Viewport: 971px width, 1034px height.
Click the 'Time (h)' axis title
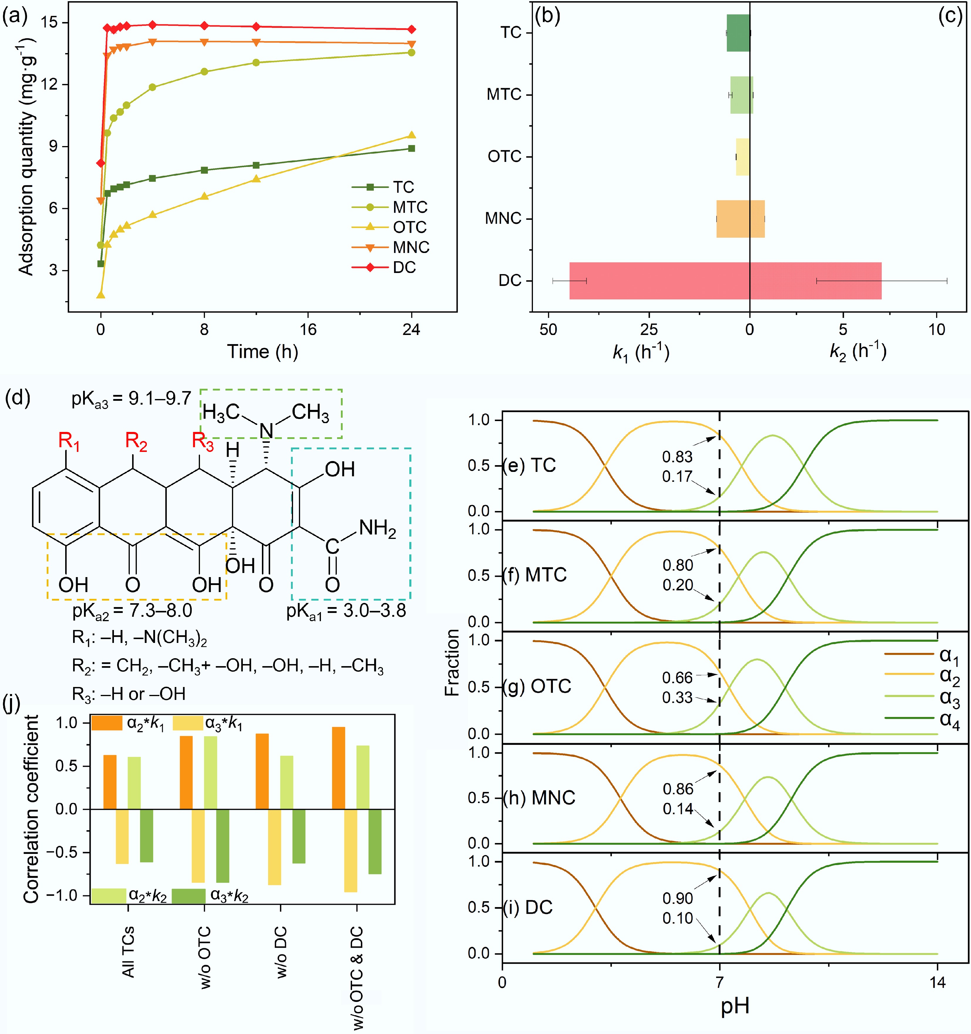262,352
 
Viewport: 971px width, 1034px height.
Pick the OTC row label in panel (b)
504,157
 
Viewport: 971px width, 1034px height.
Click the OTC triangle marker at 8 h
204,196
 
